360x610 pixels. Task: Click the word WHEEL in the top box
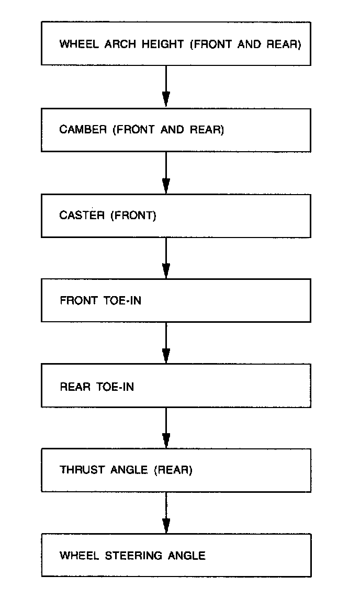click(75, 44)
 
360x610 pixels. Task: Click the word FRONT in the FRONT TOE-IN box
click(78, 301)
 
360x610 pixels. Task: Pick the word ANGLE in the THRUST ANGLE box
click(129, 470)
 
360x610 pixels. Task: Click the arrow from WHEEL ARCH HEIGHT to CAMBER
click(166, 87)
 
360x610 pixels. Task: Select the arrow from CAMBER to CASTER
click(166, 173)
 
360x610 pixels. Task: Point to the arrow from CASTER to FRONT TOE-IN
click(166, 258)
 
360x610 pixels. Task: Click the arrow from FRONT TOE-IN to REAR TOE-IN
click(166, 343)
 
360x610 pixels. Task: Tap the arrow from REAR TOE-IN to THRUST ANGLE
click(166, 428)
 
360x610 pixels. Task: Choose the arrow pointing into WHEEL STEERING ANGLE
click(166, 513)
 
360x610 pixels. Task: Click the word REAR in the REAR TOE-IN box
click(75, 387)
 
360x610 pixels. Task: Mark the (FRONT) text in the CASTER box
click(133, 215)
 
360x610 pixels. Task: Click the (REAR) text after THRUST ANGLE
click(173, 470)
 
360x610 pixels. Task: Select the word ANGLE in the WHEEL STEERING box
click(187, 556)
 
